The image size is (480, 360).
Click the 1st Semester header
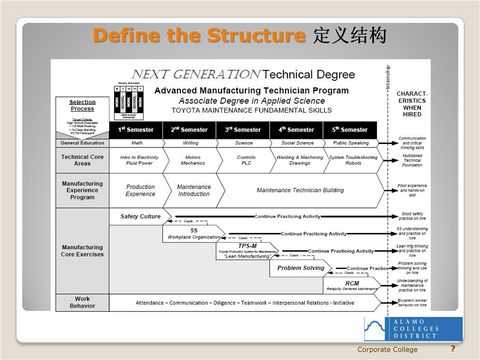[136, 130]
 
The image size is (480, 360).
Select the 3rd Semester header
[243, 130]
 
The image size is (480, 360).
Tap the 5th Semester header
[350, 130]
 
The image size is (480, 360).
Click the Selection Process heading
[82, 105]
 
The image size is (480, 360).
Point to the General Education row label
[82, 143]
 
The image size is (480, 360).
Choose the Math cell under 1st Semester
[136, 143]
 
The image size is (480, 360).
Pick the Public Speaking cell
[350, 143]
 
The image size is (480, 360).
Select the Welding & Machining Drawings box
[299, 160]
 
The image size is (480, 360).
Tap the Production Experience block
[140, 190]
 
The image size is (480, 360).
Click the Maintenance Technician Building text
[300, 190]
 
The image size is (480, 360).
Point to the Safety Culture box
[140, 216]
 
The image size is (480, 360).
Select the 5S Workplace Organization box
[193, 233]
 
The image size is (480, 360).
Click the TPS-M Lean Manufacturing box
[247, 251]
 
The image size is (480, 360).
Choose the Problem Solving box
[300, 268]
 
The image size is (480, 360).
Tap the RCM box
[351, 285]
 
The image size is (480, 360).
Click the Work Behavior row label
[82, 302]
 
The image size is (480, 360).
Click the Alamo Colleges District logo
[413, 329]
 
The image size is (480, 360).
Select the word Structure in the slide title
[256, 36]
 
